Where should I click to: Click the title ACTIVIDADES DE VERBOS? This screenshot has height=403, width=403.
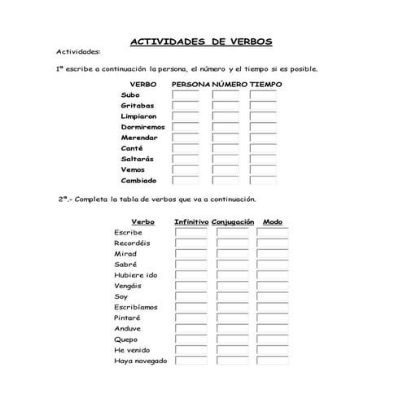(x=201, y=42)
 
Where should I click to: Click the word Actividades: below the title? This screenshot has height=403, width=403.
(x=78, y=50)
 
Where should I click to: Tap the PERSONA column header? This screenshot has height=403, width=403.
(x=191, y=84)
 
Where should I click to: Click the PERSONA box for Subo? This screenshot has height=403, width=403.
(x=186, y=95)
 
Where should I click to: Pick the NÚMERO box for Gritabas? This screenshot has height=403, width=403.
(x=225, y=106)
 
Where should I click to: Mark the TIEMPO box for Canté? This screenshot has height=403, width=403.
(x=263, y=148)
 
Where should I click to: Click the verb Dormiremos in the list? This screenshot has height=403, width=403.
(x=142, y=127)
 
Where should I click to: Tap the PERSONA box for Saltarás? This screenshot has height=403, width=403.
(x=186, y=160)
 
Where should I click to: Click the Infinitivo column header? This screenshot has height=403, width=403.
(x=191, y=221)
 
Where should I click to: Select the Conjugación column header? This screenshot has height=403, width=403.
(x=233, y=221)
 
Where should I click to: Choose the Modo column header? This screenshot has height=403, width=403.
(x=273, y=221)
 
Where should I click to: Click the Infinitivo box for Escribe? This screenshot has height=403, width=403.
(x=191, y=233)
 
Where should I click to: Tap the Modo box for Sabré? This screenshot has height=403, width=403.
(x=273, y=265)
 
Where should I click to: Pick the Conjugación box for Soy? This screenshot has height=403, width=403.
(x=232, y=296)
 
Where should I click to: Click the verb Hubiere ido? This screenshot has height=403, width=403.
(x=136, y=275)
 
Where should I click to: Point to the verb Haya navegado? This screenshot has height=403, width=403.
(x=140, y=361)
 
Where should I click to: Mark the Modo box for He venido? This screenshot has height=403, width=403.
(x=273, y=350)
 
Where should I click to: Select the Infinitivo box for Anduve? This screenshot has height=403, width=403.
(x=191, y=329)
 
